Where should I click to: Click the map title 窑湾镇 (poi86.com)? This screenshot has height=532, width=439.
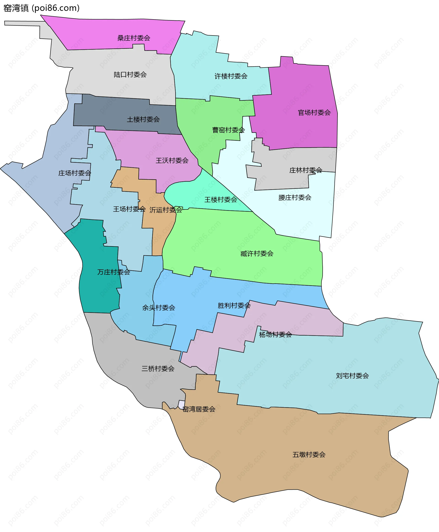point(41,8)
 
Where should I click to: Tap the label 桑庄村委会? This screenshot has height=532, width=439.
point(134,38)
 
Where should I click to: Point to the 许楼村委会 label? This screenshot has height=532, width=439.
point(231,76)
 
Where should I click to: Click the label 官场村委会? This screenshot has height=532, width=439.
point(314,113)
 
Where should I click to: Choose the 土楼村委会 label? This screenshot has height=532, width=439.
point(143,119)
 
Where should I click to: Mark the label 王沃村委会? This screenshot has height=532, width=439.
point(172,160)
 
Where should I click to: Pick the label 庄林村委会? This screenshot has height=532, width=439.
point(305,170)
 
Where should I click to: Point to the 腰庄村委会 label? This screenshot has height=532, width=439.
point(294,198)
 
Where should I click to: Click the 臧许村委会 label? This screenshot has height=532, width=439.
point(257,254)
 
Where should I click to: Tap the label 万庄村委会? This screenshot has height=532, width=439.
point(114,272)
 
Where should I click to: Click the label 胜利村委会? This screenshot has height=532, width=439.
point(234,306)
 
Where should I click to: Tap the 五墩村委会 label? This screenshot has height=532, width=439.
point(309,455)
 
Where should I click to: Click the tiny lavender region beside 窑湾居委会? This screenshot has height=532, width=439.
point(181,404)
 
